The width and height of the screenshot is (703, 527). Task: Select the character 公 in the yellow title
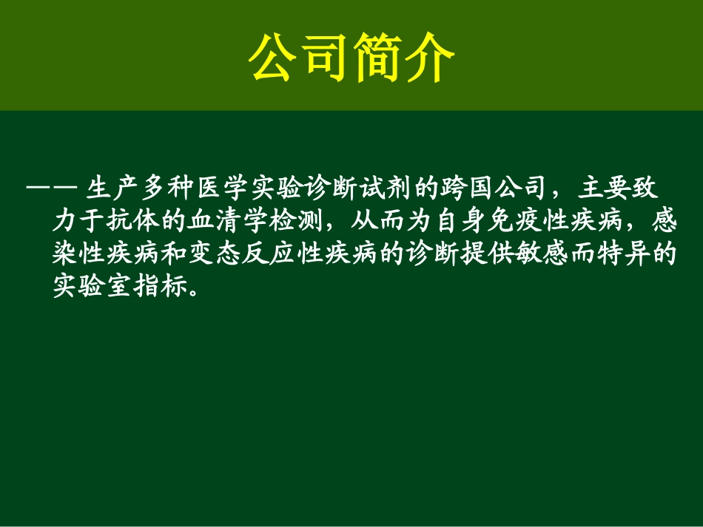(275, 58)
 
